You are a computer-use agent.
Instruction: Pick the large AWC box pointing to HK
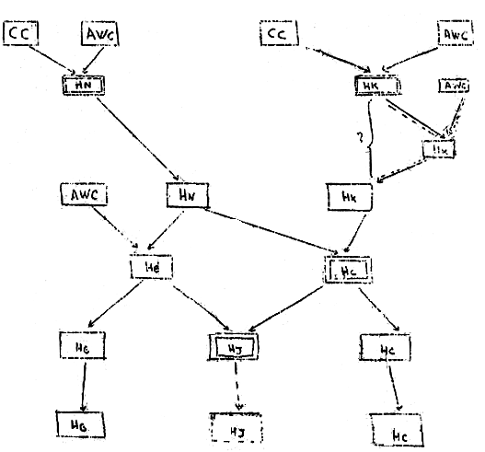tap(453, 36)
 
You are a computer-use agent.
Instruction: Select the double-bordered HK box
tap(377, 85)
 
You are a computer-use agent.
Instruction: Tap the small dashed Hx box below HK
tap(438, 149)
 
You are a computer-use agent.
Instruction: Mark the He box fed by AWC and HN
tap(153, 267)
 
